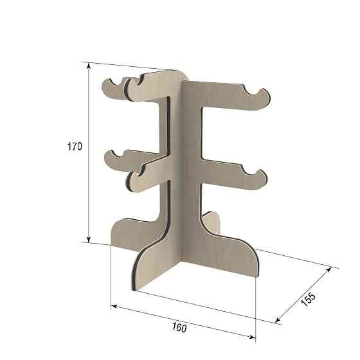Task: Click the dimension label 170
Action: coord(75,147)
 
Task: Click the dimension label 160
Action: coord(179,327)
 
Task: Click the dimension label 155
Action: coord(309,300)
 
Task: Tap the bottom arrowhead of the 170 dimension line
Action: coord(89,239)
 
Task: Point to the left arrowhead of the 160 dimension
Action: coord(114,307)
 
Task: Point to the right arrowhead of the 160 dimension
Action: coord(253,337)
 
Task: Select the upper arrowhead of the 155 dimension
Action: coord(328,269)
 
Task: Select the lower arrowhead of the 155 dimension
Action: coord(277,320)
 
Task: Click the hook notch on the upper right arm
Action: coord(253,91)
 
